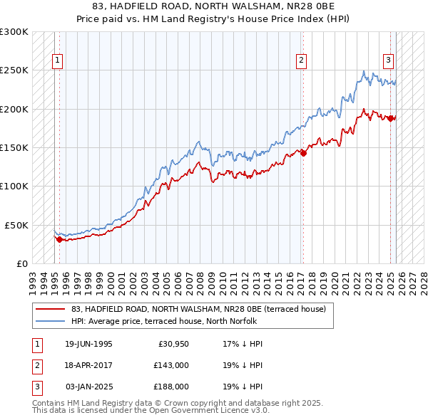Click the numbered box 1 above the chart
(x=56, y=61)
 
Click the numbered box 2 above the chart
(x=302, y=61)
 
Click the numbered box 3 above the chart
(x=389, y=61)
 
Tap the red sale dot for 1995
(x=59, y=239)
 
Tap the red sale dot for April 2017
(x=304, y=152)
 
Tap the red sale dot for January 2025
(x=391, y=118)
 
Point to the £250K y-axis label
(x=14, y=70)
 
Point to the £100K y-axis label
(x=14, y=186)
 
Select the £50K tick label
(x=16, y=224)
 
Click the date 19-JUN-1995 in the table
(x=88, y=344)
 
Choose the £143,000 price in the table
(x=170, y=365)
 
